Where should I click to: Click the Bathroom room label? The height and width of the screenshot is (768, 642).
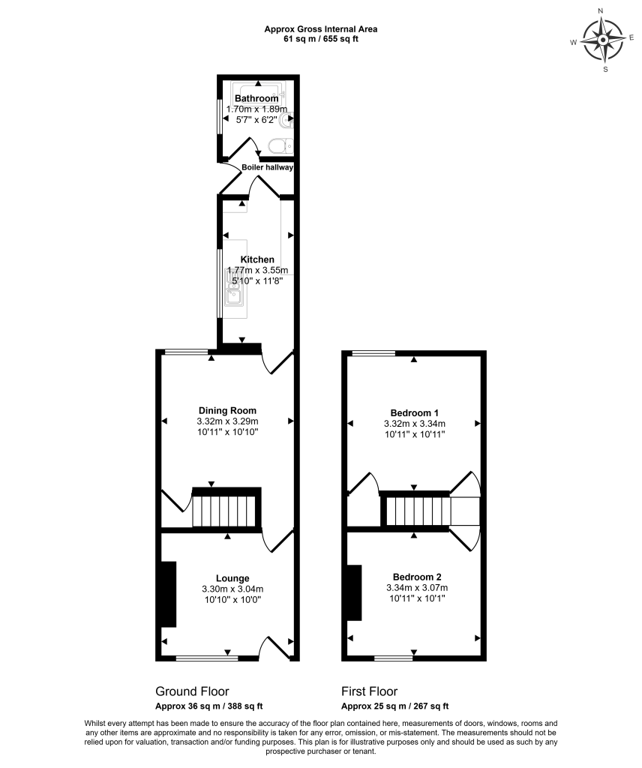click(x=256, y=98)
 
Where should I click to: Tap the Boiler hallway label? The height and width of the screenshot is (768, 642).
click(x=267, y=167)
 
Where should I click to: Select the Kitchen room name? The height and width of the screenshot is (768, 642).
click(x=256, y=259)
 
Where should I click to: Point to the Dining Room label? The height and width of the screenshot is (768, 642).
click(x=227, y=410)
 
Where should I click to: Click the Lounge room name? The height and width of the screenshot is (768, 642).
click(x=232, y=578)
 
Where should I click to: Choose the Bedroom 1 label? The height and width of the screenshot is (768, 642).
click(x=414, y=412)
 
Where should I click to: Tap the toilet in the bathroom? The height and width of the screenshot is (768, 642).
click(x=280, y=145)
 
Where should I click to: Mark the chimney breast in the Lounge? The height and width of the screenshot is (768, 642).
click(x=169, y=594)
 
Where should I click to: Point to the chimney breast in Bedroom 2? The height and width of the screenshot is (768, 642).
click(x=354, y=593)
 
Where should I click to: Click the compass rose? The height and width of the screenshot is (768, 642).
click(x=604, y=40)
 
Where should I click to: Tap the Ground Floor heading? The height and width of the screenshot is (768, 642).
click(x=192, y=691)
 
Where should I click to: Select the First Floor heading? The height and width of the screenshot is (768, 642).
click(x=369, y=691)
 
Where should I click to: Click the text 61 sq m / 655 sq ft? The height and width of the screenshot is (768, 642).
click(x=320, y=39)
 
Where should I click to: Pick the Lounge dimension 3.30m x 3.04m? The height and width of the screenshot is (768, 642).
click(x=232, y=589)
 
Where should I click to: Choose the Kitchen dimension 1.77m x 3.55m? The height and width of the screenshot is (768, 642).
click(x=257, y=270)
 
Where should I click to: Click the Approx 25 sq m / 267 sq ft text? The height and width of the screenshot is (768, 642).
click(x=394, y=706)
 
